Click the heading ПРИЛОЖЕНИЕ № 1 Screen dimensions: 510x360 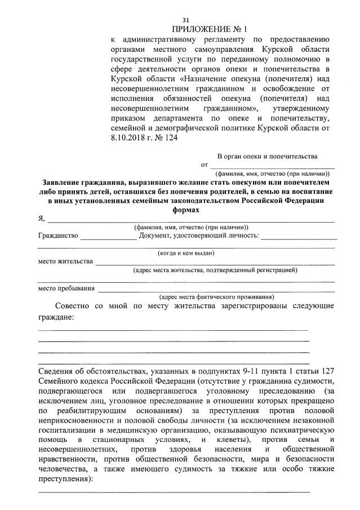tap(210, 29)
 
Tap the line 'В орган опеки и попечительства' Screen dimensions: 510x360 tap(267, 156)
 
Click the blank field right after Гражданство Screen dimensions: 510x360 tap(108, 237)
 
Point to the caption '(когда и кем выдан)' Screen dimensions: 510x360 tap(186, 253)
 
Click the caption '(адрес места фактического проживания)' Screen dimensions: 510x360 tap(217, 296)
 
